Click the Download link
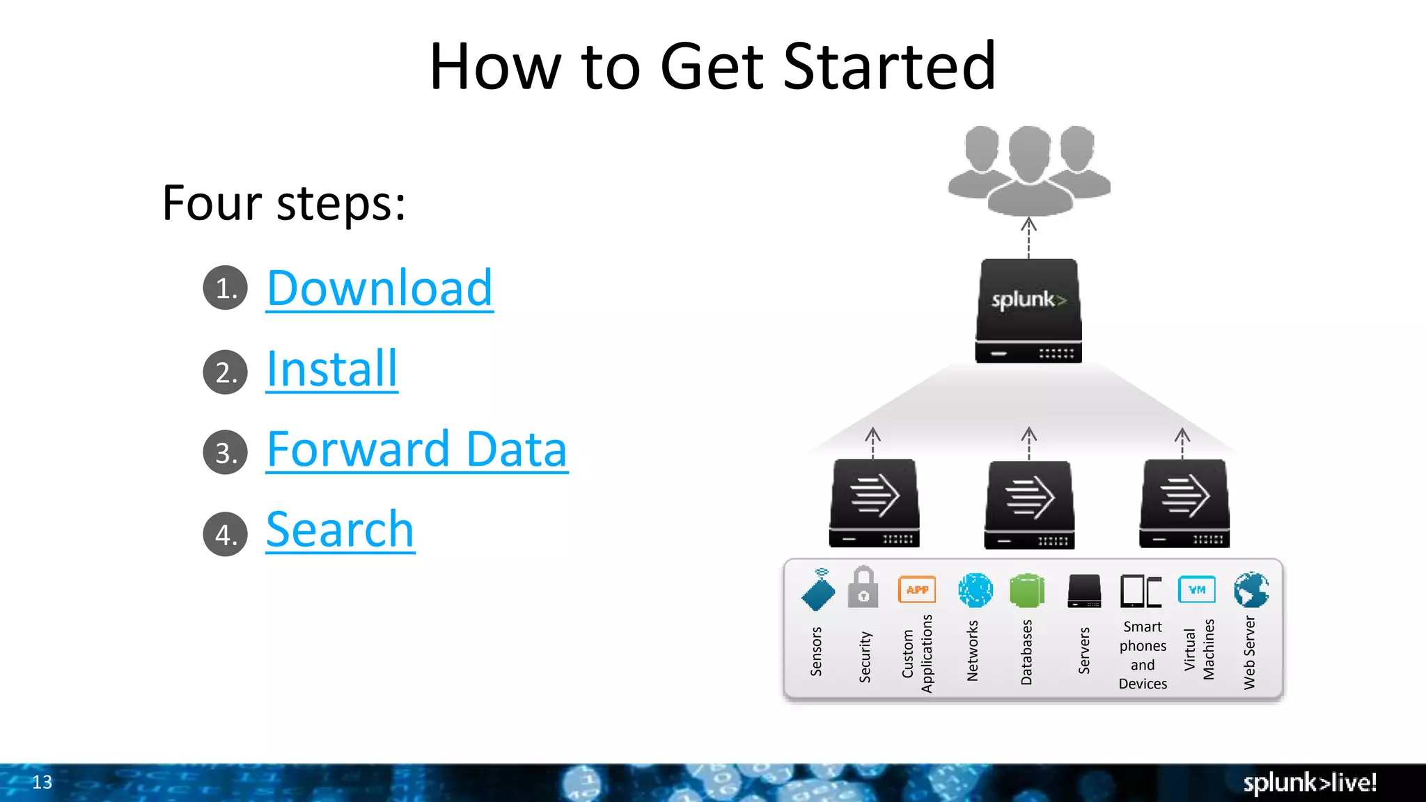[x=379, y=288]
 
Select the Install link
[x=331, y=369]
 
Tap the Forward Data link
[x=416, y=450]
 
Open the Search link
[x=340, y=530]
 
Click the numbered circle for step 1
[x=225, y=288]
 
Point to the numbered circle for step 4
[x=225, y=534]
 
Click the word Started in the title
[x=889, y=67]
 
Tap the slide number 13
[x=42, y=782]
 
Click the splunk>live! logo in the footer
[x=1310, y=783]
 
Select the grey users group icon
[x=1028, y=171]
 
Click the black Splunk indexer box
[x=1028, y=310]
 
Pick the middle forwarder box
[x=1029, y=504]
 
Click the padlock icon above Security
[x=863, y=588]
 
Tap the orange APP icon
[x=917, y=590]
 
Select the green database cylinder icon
[x=1026, y=590]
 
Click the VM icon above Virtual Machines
[x=1196, y=590]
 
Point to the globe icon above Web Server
[x=1251, y=590]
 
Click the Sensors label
[x=816, y=652]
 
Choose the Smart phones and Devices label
[x=1143, y=655]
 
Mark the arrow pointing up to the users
[x=1028, y=237]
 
